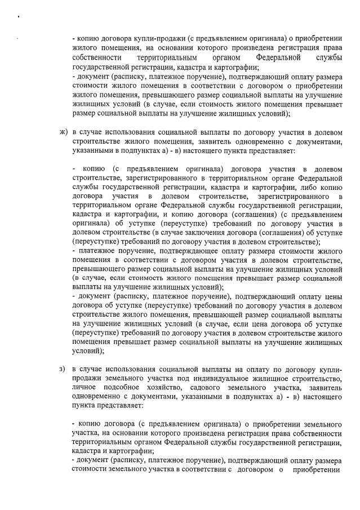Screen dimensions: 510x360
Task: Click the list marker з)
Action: (63, 369)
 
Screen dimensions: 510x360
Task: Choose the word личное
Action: (85, 388)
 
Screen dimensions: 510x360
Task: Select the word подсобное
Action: (128, 388)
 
